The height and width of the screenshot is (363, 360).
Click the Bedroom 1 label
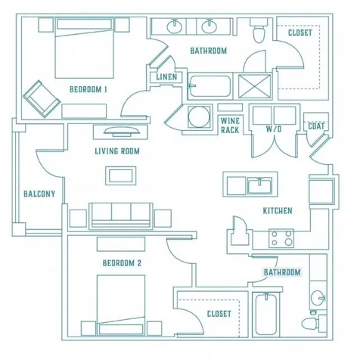click(88, 89)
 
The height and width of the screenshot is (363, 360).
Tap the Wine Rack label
click(230, 126)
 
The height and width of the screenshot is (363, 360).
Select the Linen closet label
click(166, 77)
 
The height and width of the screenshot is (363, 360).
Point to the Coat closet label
click(316, 126)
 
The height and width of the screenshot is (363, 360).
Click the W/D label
click(274, 129)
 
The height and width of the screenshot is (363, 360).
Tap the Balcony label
click(39, 194)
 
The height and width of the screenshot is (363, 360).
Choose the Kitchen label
click(278, 211)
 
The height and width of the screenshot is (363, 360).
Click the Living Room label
click(117, 151)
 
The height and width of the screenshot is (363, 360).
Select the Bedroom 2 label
click(122, 263)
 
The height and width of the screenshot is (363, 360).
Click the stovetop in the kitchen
click(281, 238)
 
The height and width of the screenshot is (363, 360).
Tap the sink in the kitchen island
click(259, 185)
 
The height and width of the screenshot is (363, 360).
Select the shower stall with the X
click(254, 86)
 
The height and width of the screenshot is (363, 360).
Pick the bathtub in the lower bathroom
click(266, 315)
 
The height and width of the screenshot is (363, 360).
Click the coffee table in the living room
click(121, 175)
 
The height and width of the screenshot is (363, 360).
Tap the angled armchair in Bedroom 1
click(42, 99)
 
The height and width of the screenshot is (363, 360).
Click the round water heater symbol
click(199, 116)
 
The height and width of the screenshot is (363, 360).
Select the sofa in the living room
click(121, 216)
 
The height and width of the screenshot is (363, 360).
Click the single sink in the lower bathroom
click(318, 298)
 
